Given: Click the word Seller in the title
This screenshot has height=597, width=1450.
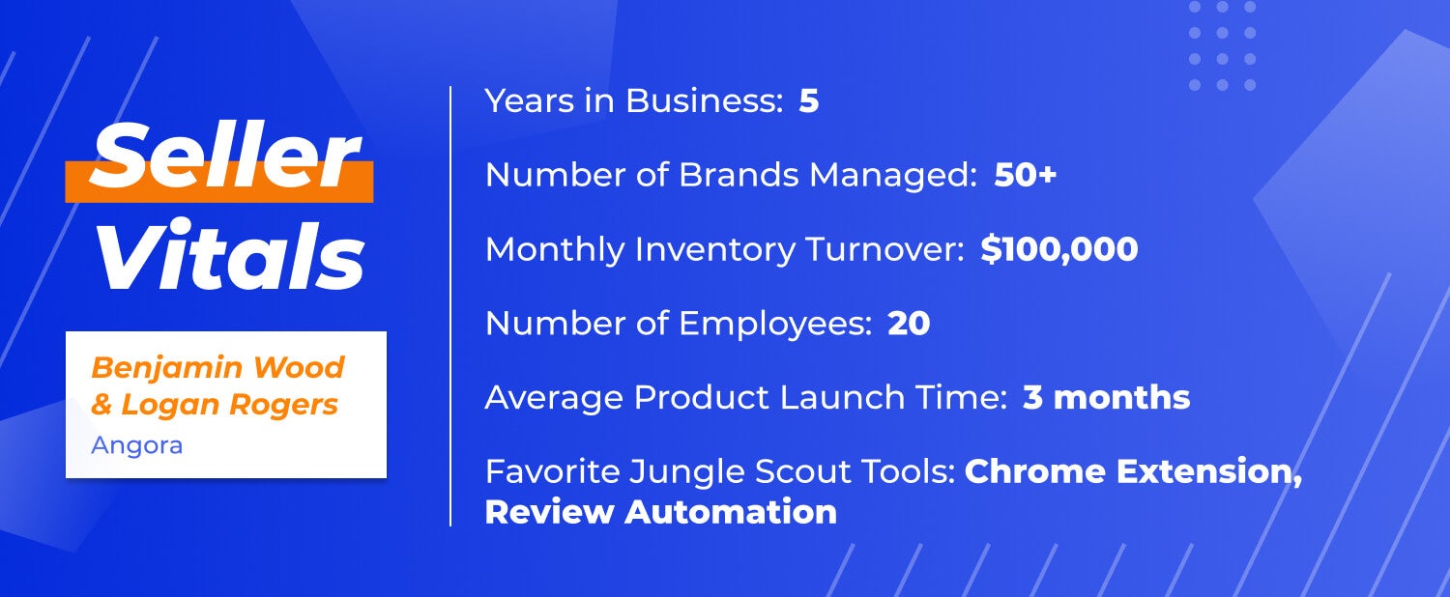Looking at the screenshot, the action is (224, 156).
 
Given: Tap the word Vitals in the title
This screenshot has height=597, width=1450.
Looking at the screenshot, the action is (230, 254).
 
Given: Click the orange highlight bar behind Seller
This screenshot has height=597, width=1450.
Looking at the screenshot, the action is (219, 182).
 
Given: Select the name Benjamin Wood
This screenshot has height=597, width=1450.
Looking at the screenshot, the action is (217, 367).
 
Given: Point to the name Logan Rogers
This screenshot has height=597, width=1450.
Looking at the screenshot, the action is (230, 404).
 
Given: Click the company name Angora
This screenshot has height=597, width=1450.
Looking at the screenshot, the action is (136, 445).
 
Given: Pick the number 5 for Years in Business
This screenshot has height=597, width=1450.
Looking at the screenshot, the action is (808, 100).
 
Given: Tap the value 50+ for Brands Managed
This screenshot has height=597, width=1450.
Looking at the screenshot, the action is (1026, 175).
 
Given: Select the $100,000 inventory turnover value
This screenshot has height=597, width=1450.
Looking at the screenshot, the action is (1059, 249).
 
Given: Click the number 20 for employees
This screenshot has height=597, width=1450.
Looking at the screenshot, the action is (909, 323).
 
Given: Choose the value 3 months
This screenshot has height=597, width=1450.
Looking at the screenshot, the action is (1106, 397).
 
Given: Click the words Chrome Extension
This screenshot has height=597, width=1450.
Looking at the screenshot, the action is (1134, 471).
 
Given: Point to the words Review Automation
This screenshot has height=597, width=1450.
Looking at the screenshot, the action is (661, 512).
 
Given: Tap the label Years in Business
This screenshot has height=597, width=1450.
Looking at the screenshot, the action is (634, 100).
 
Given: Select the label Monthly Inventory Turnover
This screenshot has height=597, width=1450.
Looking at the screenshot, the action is (725, 249).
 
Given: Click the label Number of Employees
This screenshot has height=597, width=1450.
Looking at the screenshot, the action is (679, 324).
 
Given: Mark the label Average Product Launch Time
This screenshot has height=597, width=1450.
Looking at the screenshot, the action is (745, 397).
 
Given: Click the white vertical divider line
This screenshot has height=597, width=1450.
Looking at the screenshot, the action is (450, 306).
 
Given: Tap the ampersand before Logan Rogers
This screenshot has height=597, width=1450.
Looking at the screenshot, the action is (101, 405).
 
